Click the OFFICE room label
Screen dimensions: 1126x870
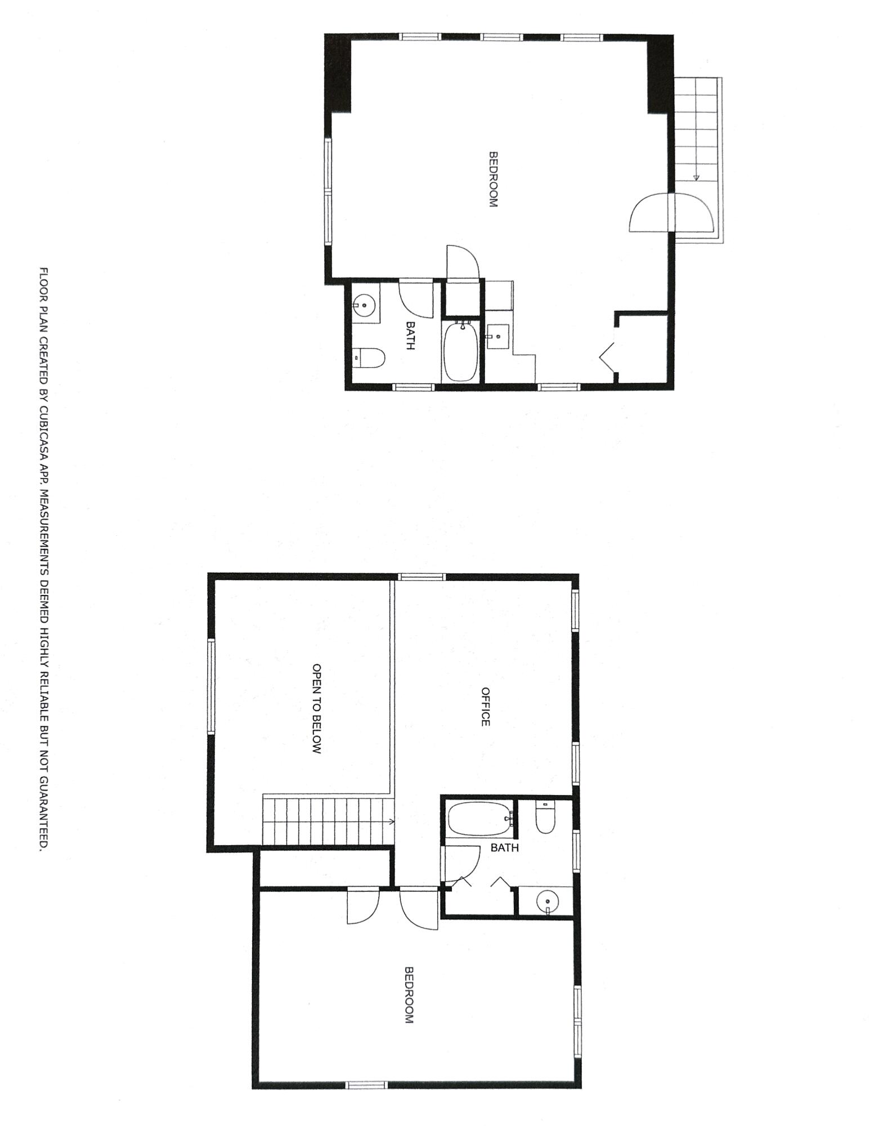486,707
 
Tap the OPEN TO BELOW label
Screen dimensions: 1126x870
317,708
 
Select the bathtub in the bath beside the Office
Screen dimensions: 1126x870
479,819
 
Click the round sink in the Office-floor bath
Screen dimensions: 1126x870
546,901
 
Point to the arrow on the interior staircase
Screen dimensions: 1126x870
391,821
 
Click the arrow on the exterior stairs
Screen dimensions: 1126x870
696,178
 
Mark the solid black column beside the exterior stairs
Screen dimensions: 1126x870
660,75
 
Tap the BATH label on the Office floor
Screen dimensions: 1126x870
504,848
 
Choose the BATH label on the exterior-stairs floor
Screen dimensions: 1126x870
410,336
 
